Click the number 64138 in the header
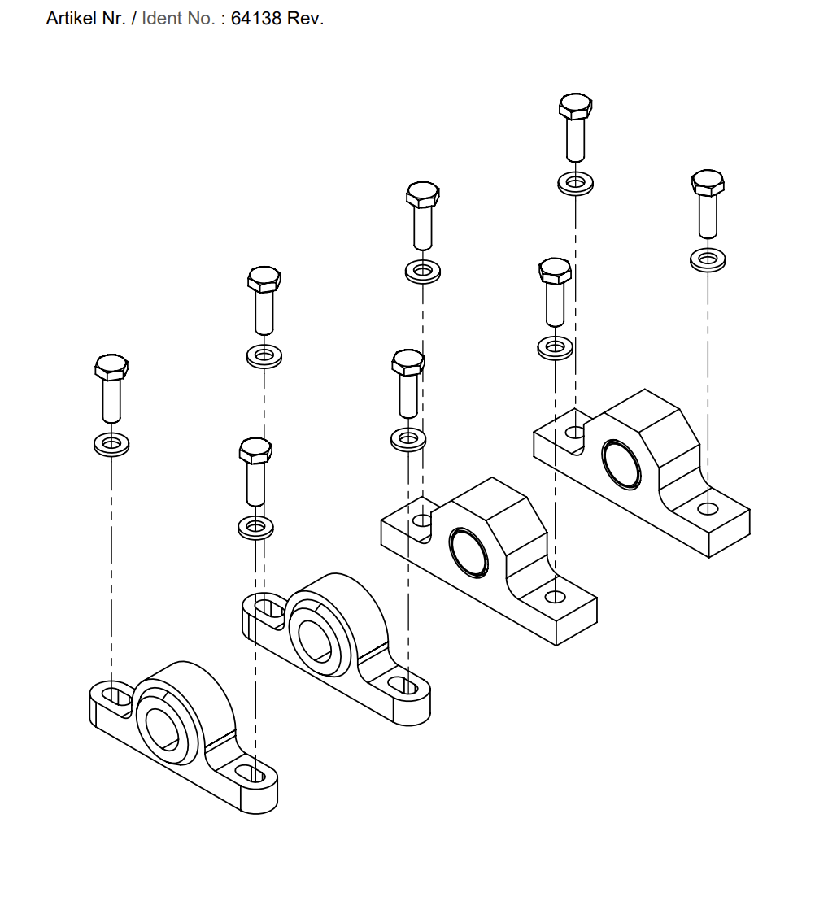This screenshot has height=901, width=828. pyautogui.click(x=257, y=19)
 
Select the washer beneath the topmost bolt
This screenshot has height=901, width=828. pyautogui.click(x=575, y=182)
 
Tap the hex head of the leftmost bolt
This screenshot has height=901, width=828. pyautogui.click(x=111, y=368)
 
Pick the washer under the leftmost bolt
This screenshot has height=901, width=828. pyautogui.click(x=111, y=444)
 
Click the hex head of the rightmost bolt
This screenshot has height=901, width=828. pyautogui.click(x=708, y=184)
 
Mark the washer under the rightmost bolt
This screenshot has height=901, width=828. pyautogui.click(x=708, y=259)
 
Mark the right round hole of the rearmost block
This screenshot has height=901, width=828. pyautogui.click(x=708, y=508)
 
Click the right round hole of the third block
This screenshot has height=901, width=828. pyautogui.click(x=556, y=597)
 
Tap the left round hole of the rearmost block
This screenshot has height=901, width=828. pyautogui.click(x=577, y=431)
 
